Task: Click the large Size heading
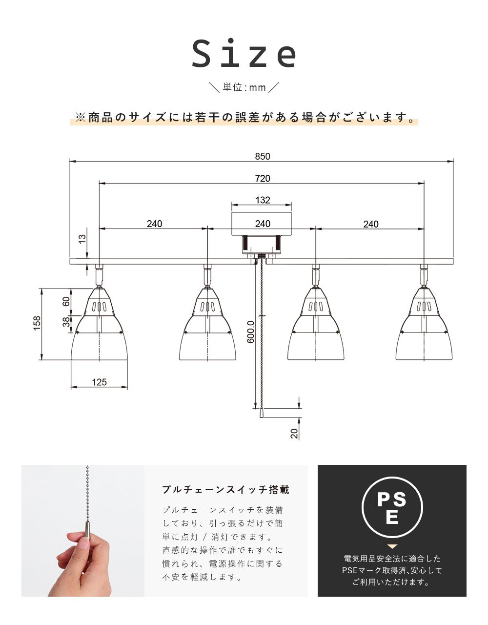click(x=244, y=54)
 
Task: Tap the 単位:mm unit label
click(x=244, y=87)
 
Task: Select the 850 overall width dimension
click(x=262, y=156)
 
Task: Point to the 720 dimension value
click(x=262, y=178)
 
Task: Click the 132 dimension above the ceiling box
click(x=262, y=200)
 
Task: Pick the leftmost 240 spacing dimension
click(x=154, y=224)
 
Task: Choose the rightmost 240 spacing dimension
click(x=370, y=224)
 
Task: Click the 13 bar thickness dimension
click(x=82, y=239)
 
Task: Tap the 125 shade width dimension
click(x=99, y=382)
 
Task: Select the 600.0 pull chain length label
click(x=250, y=332)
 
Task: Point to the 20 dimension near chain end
click(x=294, y=433)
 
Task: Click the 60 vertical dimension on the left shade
click(x=66, y=301)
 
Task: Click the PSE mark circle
click(x=392, y=508)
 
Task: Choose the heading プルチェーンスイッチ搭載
click(x=225, y=489)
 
